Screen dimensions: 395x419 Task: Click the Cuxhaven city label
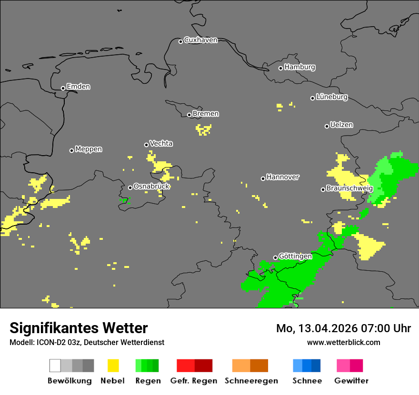[x=200, y=40]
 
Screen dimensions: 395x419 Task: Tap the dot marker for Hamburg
[x=281, y=68]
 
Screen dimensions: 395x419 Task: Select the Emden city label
[x=78, y=87]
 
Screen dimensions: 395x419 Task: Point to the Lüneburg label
[x=332, y=97]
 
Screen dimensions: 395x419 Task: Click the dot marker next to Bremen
[x=189, y=115]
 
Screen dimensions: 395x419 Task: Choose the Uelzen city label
[x=341, y=125]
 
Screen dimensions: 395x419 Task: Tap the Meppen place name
[x=89, y=149]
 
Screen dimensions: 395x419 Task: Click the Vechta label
[x=161, y=143]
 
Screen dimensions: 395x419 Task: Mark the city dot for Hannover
[x=263, y=178]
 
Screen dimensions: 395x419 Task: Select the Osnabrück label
[x=151, y=186]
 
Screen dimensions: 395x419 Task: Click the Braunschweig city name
[x=349, y=188]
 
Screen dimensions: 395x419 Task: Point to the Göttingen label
[x=295, y=256]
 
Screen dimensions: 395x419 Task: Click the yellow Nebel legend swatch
[x=113, y=365]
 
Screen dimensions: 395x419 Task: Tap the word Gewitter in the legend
[x=351, y=381]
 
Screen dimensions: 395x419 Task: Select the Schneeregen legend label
[x=251, y=381]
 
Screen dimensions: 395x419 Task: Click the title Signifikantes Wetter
[x=79, y=328]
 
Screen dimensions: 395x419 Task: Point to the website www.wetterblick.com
[x=343, y=342]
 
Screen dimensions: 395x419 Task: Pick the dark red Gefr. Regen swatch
[x=203, y=365]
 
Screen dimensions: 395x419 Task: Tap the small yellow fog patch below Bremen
[x=203, y=129]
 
